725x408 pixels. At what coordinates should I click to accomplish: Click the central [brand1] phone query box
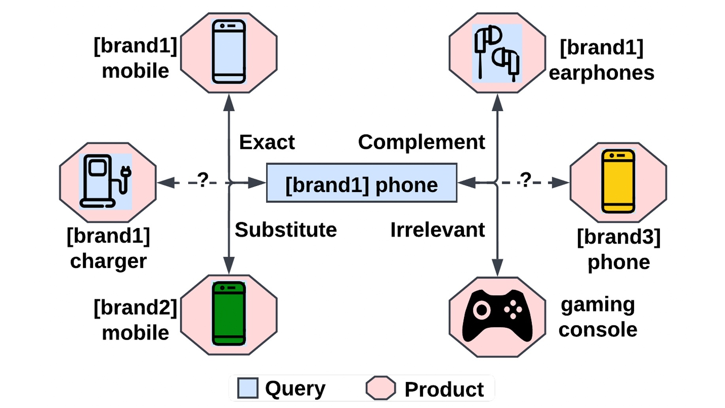[x=361, y=183]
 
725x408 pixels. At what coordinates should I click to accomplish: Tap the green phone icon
[x=229, y=314]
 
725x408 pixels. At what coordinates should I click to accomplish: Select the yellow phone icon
[x=618, y=181]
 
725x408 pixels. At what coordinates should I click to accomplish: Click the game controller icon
[x=497, y=316]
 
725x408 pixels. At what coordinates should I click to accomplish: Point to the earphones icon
[x=497, y=53]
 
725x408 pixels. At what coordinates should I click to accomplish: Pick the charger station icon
[x=105, y=181]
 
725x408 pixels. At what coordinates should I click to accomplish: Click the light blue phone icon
[x=229, y=51]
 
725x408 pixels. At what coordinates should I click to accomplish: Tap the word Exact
[x=267, y=142]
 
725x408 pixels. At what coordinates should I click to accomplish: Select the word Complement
[x=421, y=142]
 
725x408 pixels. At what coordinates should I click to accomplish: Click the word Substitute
[x=285, y=230]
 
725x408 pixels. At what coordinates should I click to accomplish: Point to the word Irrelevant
[x=437, y=230]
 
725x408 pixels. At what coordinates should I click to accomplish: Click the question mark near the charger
[x=202, y=180]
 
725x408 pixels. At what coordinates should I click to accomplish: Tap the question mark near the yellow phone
[x=525, y=180]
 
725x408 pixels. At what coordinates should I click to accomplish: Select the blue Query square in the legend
[x=248, y=388]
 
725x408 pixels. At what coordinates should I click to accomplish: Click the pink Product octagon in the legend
[x=380, y=388]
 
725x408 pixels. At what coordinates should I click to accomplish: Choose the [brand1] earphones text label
[x=601, y=60]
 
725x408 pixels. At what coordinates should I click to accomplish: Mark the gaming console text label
[x=597, y=317]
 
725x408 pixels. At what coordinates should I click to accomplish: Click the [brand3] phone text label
[x=619, y=249]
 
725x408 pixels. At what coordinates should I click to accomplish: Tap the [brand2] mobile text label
[x=135, y=320]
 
